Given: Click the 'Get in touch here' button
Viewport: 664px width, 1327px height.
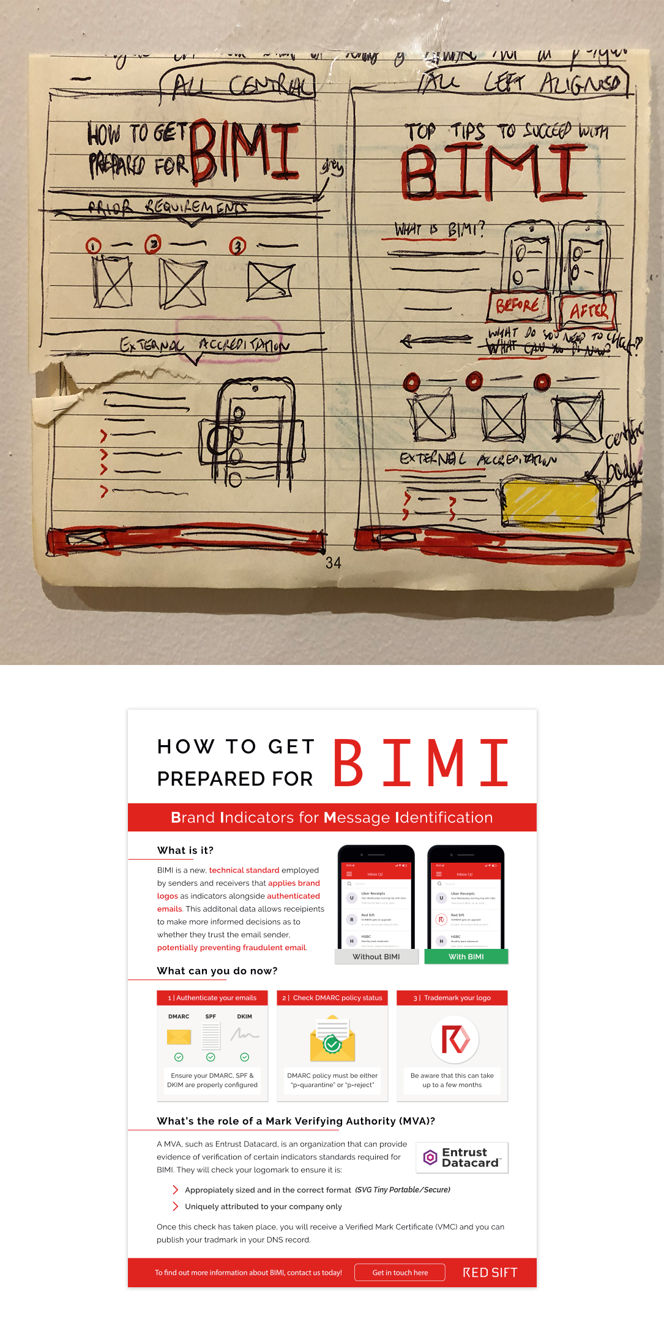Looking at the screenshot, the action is (400, 1273).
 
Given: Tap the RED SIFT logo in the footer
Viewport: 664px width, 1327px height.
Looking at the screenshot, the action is (490, 1273).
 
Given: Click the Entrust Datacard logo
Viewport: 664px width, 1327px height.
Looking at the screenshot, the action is (462, 1158).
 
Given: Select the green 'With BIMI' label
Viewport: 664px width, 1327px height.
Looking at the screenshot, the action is (466, 957).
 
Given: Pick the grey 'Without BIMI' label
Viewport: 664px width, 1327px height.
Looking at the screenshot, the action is (376, 957).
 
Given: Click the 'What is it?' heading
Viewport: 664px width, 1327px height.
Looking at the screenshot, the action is (185, 850).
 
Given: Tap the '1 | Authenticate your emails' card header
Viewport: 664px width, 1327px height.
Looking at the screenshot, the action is (212, 998).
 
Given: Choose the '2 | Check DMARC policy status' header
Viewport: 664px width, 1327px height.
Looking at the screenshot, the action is (332, 998).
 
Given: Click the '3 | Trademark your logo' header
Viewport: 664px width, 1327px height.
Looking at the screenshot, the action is (452, 998).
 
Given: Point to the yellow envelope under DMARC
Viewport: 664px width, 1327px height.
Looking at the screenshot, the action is (179, 1036).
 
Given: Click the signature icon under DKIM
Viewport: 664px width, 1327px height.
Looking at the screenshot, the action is (245, 1035).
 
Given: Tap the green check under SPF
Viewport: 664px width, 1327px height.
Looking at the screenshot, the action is (211, 1057).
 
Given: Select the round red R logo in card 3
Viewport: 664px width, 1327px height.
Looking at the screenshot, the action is (455, 1039).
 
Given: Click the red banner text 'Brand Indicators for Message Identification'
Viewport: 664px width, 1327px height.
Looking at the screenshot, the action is (332, 817).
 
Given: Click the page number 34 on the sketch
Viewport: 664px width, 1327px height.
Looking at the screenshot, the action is (334, 563).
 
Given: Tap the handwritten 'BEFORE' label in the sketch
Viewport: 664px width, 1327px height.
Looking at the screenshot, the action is (518, 305).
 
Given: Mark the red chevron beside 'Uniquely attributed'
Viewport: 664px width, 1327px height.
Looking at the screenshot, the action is (176, 1206).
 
